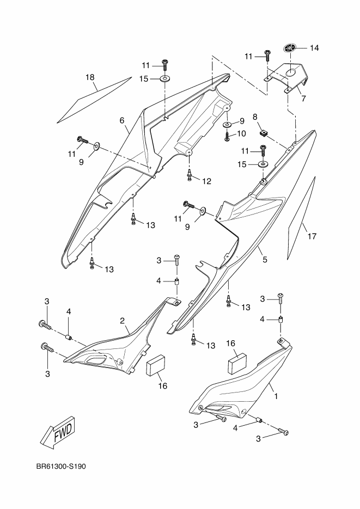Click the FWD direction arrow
pos(57,432)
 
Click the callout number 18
pos(90,77)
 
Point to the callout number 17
pos(312,236)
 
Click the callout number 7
pos(303,99)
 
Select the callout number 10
pos(241,133)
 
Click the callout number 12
pos(207,181)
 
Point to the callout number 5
pos(265,260)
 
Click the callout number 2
pos(123,321)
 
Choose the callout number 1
pos(276,396)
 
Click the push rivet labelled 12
pos(190,175)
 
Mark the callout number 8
pos(254,116)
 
